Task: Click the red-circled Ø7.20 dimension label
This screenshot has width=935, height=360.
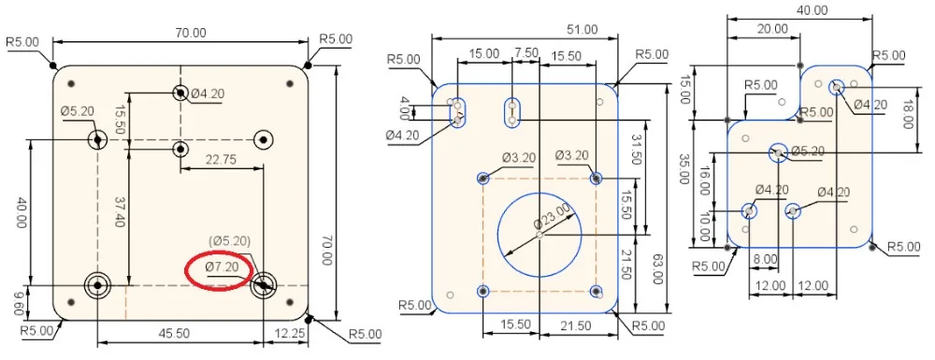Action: tap(222, 267)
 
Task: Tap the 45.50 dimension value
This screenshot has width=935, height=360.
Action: tap(174, 333)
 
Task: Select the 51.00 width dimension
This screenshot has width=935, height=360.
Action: tap(582, 29)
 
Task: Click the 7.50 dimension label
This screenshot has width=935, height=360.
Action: tap(525, 52)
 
